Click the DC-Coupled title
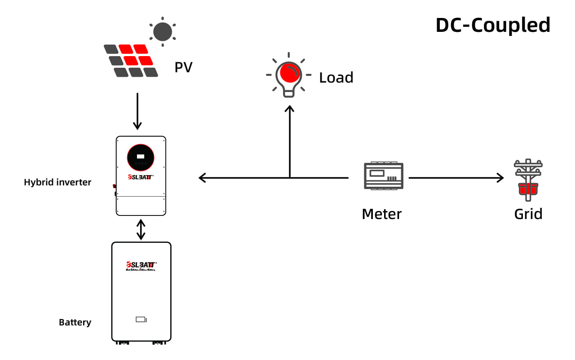point(493,25)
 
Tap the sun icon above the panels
point(162,31)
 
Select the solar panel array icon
point(131,61)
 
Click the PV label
point(183,68)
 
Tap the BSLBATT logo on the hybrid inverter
point(141,177)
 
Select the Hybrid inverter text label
point(57,182)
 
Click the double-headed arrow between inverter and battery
point(141,229)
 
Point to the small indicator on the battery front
point(141,320)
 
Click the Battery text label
point(75,322)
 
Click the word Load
point(336,78)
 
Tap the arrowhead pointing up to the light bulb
point(290,109)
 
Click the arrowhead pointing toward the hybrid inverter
point(203,178)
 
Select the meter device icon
point(383,176)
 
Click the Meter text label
point(381,214)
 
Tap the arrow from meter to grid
point(456,178)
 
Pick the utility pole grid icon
point(528,180)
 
